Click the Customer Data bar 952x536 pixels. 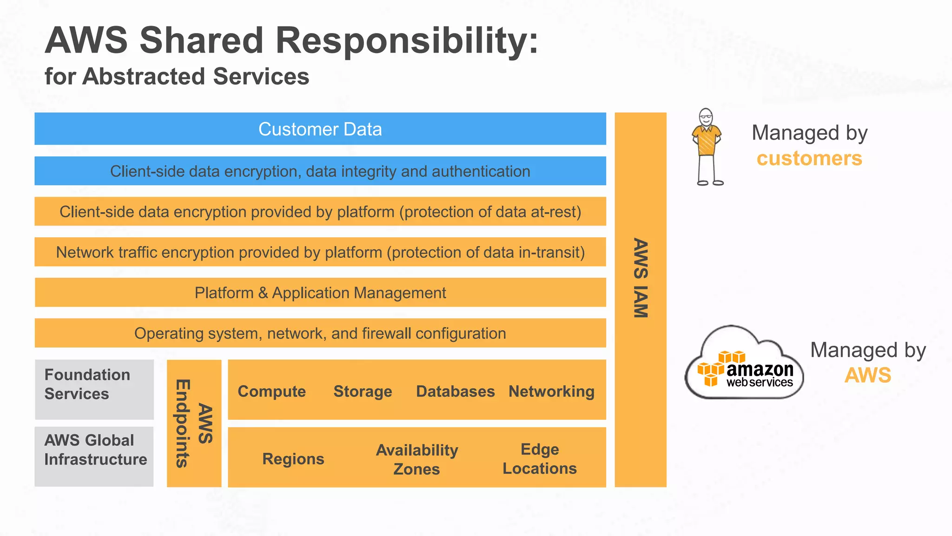coord(320,129)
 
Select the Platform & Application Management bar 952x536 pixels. coord(320,293)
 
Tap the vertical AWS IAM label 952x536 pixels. coord(641,278)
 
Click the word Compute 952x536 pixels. coord(271,391)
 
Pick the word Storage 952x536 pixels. coord(363,391)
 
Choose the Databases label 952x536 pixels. coord(455,391)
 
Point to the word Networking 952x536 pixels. coord(551,391)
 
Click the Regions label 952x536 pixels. coord(293,459)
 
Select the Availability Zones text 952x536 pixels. coord(416,459)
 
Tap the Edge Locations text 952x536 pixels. coord(539,459)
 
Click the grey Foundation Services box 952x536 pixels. coord(94,389)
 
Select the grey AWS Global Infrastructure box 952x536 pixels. coord(94,456)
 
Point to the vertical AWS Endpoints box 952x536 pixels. coord(194,423)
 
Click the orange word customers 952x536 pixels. coord(809,159)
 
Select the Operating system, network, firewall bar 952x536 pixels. coord(320,333)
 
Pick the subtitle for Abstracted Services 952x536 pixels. coord(177,76)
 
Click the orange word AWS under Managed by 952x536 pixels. coord(867,375)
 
